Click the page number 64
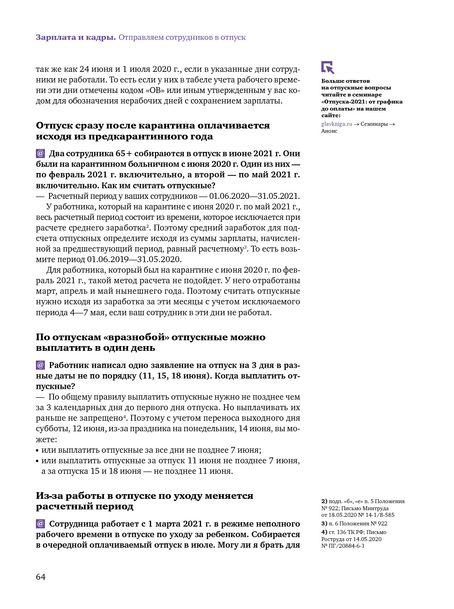pyautogui.click(x=41, y=577)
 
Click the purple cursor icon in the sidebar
pyautogui.click(x=328, y=67)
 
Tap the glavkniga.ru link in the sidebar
pyautogui.click(x=336, y=124)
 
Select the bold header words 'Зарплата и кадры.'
pyautogui.click(x=76, y=38)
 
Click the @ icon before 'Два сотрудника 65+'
pyautogui.click(x=41, y=153)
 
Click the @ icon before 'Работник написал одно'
pyautogui.click(x=41, y=365)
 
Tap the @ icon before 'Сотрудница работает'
pyautogui.click(x=41, y=523)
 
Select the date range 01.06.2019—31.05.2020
pyautogui.click(x=134, y=259)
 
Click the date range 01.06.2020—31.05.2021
pyautogui.click(x=254, y=196)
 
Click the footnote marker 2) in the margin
pyautogui.click(x=324, y=501)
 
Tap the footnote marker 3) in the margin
pyautogui.click(x=324, y=523)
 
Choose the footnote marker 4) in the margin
pyautogui.click(x=324, y=532)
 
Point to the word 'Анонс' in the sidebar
pyautogui.click(x=329, y=131)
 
